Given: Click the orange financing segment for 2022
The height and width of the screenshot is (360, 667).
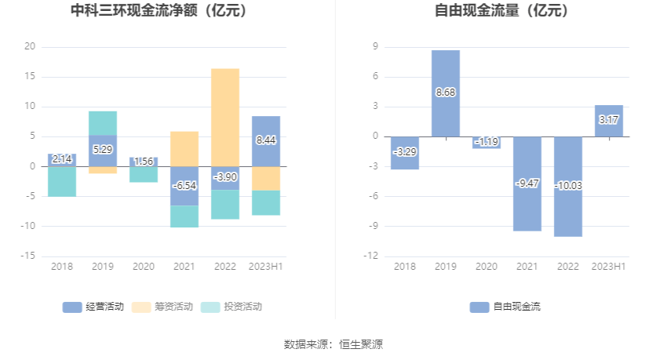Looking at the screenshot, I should coord(225,118).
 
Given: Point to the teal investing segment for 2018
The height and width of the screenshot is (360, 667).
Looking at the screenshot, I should coord(62,182).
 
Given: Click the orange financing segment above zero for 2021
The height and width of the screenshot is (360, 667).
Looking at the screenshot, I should coord(184,149).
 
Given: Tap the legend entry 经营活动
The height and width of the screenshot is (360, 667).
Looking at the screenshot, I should coord(93,307).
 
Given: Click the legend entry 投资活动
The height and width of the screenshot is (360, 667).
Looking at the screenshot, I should coord(231,307).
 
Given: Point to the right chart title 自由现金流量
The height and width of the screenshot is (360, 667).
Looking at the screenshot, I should coord(501,12).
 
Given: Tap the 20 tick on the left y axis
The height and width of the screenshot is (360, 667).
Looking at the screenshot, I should coord(31,47).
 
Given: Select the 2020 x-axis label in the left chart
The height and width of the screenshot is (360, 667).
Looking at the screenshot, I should coord(144,267).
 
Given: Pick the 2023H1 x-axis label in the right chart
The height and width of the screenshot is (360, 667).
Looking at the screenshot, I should coord(609,267).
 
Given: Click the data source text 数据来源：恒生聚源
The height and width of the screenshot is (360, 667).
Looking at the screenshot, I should coord(333,344).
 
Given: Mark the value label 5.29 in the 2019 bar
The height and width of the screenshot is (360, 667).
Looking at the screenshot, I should coord(103,149).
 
